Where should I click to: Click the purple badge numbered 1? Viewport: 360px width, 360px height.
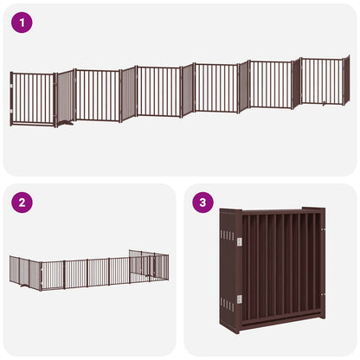(x=22, y=22)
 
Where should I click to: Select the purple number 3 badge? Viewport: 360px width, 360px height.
(x=203, y=202)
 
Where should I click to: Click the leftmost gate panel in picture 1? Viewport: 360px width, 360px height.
(x=32, y=99)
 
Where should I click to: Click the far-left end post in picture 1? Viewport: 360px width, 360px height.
(x=11, y=100)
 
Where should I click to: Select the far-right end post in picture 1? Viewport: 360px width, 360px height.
(x=347, y=79)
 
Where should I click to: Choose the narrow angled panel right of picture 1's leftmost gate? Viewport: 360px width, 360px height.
(x=65, y=96)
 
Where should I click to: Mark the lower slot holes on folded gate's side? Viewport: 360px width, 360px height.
(x=228, y=302)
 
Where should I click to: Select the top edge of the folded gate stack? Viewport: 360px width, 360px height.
(x=273, y=210)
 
